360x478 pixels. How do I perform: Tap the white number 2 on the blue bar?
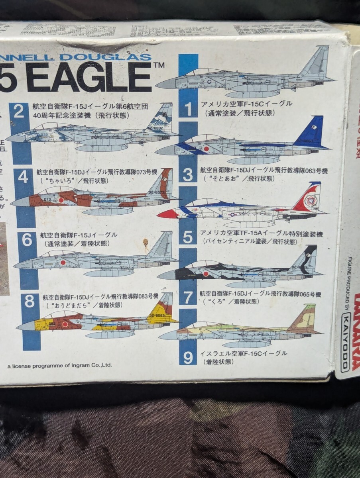pyautogui.click(x=19, y=112)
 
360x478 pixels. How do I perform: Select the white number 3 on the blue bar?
pyautogui.click(x=188, y=174)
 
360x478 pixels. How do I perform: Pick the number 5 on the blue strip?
pyautogui.click(x=187, y=237)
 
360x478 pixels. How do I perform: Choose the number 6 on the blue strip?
pyautogui.click(x=27, y=240)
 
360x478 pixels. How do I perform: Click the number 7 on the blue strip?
pyautogui.click(x=187, y=297)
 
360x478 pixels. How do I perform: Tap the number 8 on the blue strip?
pyautogui.click(x=30, y=302)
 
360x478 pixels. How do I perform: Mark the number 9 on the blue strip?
pyautogui.click(x=188, y=357)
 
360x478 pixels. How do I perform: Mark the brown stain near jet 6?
pyautogui.click(x=146, y=243)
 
